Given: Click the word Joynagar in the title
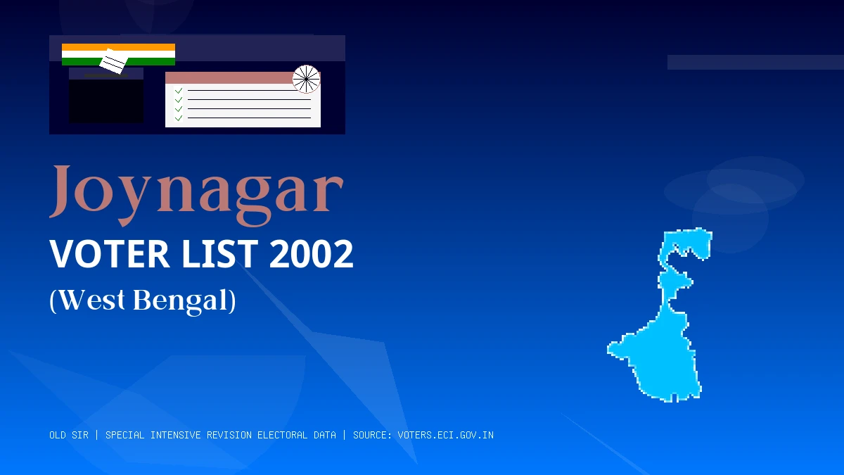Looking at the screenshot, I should point(197,190).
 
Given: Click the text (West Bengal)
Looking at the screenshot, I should point(143,300).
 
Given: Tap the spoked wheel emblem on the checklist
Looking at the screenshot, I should point(306,79).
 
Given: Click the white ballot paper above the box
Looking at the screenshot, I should point(113,62).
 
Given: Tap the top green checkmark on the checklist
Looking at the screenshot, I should point(179,91).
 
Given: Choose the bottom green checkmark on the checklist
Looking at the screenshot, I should point(179,118).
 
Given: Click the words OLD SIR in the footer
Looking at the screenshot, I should point(69,435).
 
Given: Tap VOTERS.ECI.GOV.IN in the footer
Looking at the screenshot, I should point(445,435).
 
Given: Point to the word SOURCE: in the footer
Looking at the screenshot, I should point(373,435).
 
